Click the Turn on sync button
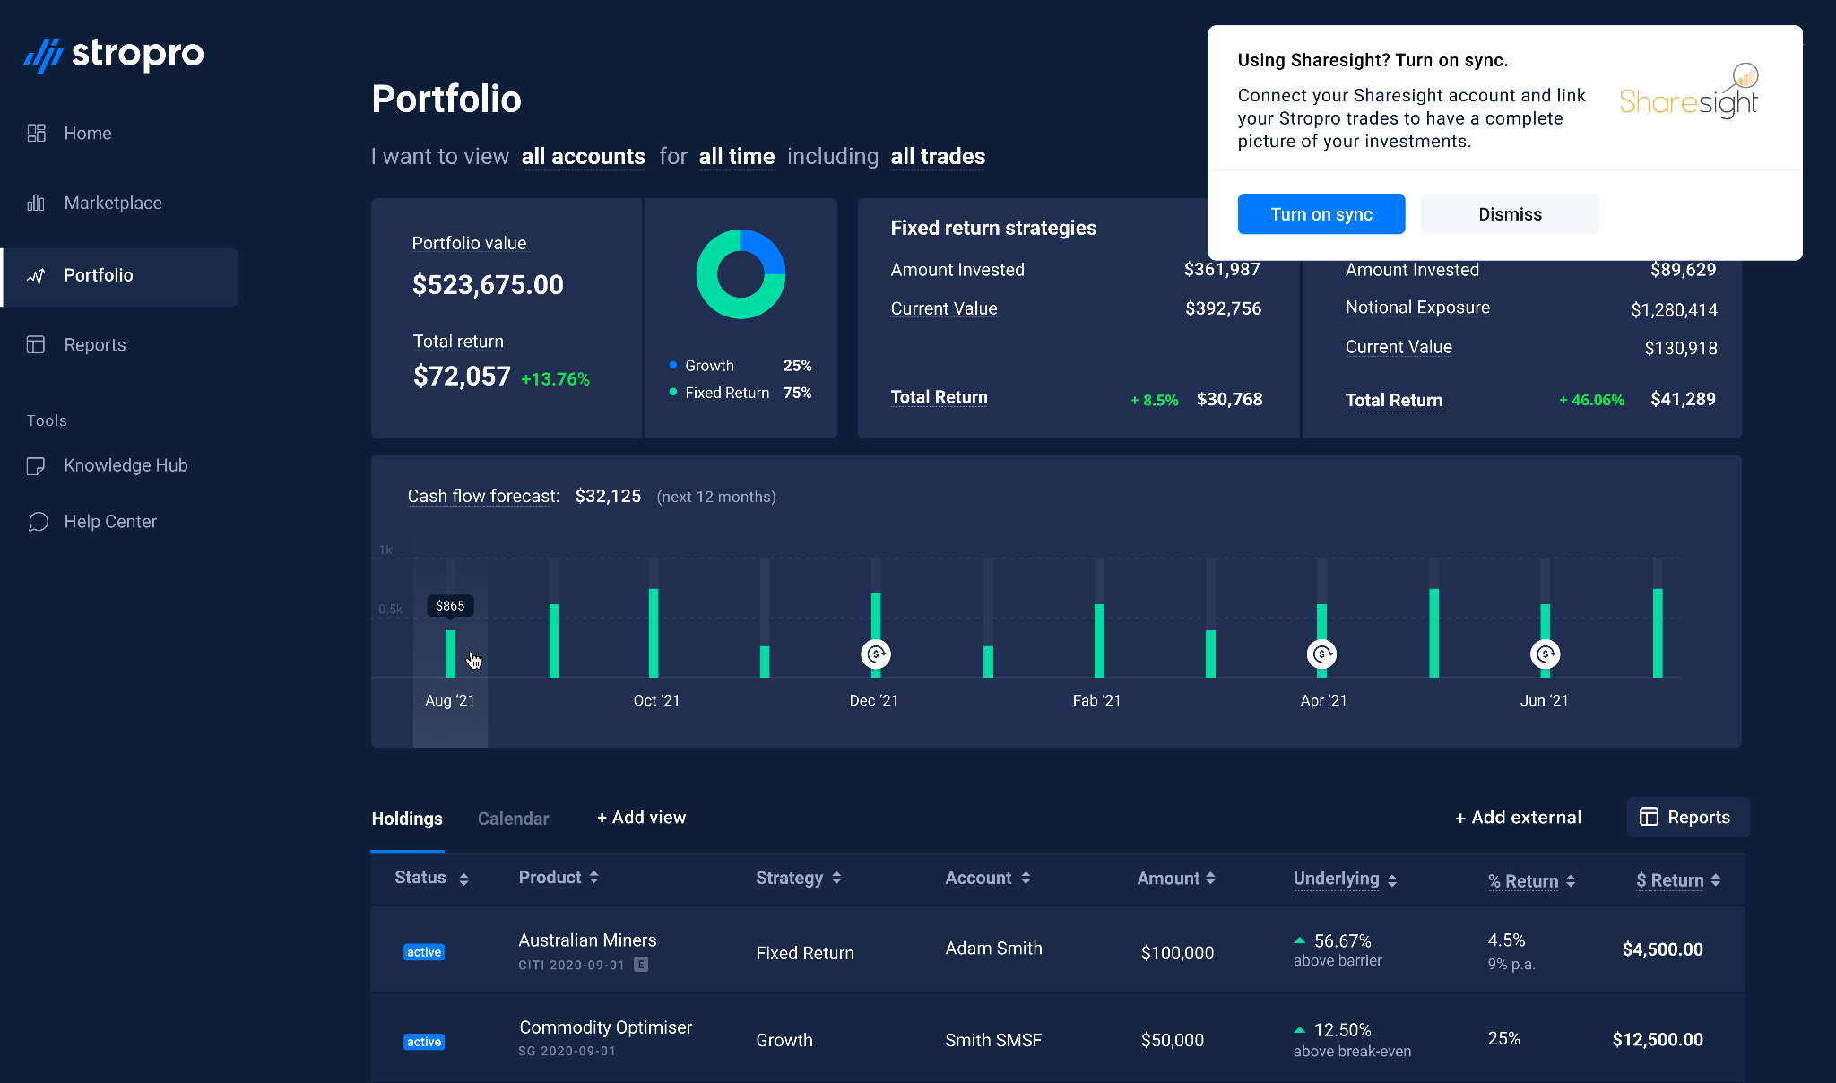point(1321,214)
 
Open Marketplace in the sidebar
point(112,203)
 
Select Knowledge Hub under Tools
point(125,465)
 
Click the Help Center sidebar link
point(109,522)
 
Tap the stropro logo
point(114,55)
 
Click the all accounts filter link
point(583,157)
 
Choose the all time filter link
point(736,157)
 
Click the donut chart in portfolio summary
point(740,274)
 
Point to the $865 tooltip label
point(450,606)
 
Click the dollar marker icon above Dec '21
point(875,654)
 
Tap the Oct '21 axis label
point(656,700)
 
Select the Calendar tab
point(513,819)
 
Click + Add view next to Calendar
point(642,818)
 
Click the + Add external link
point(1518,818)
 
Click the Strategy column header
point(798,878)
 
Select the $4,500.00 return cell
point(1662,949)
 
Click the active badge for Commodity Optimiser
point(424,1042)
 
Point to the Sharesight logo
point(1689,93)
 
